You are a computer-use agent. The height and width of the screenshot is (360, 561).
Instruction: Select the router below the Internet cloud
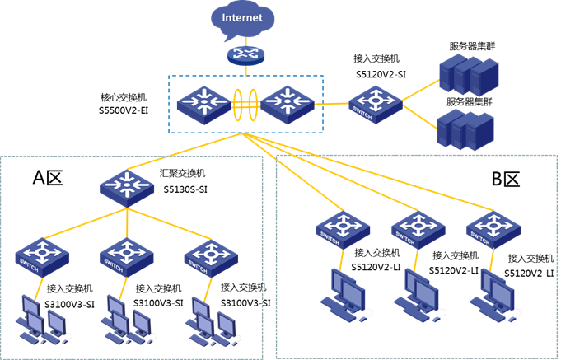click(245, 54)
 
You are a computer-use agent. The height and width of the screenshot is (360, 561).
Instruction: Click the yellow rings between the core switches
click(244, 105)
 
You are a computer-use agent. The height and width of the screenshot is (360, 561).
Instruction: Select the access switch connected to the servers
click(376, 104)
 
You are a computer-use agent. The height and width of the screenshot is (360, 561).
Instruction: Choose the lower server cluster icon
click(465, 129)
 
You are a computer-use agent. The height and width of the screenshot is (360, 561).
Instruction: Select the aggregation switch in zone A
click(128, 185)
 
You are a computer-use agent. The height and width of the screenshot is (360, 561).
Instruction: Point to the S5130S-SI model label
click(183, 187)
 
